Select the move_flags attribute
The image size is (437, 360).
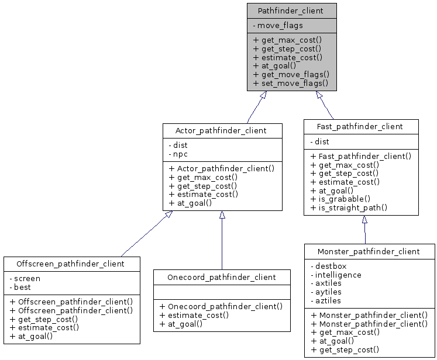pos(280,26)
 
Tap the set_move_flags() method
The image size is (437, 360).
pos(290,83)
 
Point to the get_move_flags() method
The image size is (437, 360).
pos(291,74)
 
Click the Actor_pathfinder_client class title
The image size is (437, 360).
pos(222,130)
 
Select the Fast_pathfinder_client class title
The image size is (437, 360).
pos(360,126)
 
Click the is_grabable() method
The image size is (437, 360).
pos(340,199)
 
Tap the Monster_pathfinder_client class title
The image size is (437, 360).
pos(369,251)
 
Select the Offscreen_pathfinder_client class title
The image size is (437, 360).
pos(71,264)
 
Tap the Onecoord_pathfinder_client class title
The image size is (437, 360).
pos(221,277)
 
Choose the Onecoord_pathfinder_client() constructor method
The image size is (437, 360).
pos(221,306)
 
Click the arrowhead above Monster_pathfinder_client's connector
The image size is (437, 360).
pos(364,220)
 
